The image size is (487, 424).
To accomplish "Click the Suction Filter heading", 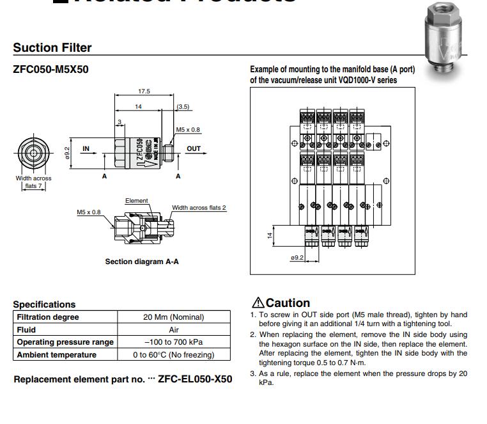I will coord(52,47).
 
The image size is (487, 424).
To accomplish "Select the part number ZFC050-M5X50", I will coord(50,69).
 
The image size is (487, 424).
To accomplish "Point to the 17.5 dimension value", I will coord(144,91).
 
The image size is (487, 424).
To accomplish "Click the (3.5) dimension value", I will coord(183,106).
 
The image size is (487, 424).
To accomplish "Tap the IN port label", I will coord(86,148).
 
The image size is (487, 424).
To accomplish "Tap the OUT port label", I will coord(194,148).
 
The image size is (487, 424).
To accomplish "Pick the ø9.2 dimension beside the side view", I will coord(66,152).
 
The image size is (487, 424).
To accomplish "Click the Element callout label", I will coord(136,201).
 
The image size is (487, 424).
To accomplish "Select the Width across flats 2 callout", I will coord(199,208).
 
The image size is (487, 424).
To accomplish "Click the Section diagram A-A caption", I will coord(142,262).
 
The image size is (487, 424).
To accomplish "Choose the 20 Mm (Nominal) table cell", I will coord(173,317).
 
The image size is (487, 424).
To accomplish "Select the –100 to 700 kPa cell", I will coord(173,342).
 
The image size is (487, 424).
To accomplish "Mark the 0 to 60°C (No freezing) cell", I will coord(173,354).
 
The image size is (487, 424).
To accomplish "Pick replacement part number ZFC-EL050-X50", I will coord(195,379).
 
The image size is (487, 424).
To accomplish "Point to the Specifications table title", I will coord(44,304).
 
